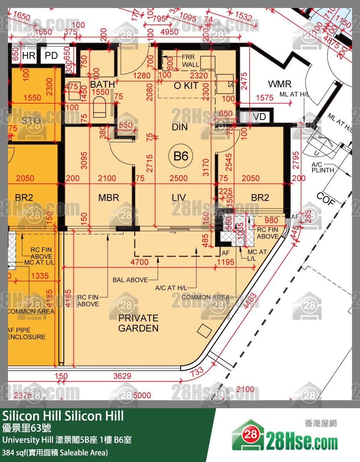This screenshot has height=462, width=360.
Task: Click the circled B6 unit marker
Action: point(181,155)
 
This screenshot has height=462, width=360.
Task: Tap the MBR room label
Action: point(109,198)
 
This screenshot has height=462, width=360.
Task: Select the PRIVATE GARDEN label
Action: point(138,323)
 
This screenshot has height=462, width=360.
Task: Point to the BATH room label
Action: point(102,85)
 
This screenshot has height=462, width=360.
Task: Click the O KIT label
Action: point(186,85)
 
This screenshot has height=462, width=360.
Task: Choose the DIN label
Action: point(179,127)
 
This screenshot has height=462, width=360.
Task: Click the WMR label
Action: point(279,84)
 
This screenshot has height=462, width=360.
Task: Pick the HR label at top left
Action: point(29,55)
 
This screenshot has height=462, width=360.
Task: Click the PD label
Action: point(51,55)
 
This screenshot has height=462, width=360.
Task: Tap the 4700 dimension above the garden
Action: point(140,262)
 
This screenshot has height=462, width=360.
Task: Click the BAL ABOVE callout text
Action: point(130,280)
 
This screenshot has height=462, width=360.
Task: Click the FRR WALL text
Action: point(191,61)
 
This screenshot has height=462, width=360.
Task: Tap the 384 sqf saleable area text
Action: point(55,453)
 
